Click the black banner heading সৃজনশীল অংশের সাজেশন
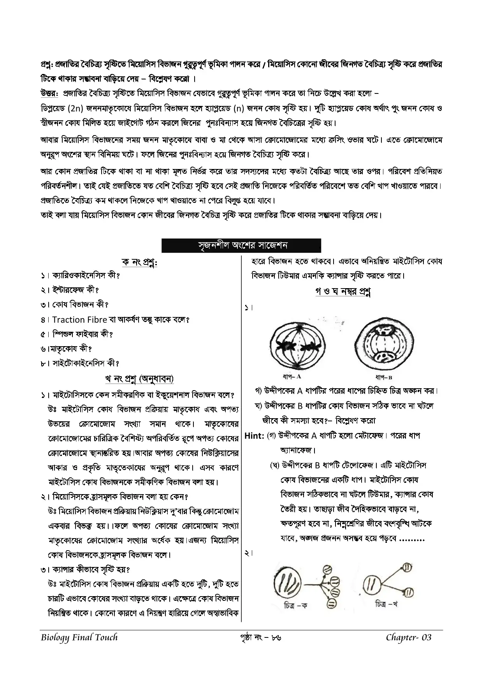click(241, 245)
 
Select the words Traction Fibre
click(79, 320)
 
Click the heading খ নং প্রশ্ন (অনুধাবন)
click(139, 378)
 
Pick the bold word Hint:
click(254, 436)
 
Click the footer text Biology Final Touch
click(79, 637)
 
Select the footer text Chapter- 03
click(408, 637)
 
